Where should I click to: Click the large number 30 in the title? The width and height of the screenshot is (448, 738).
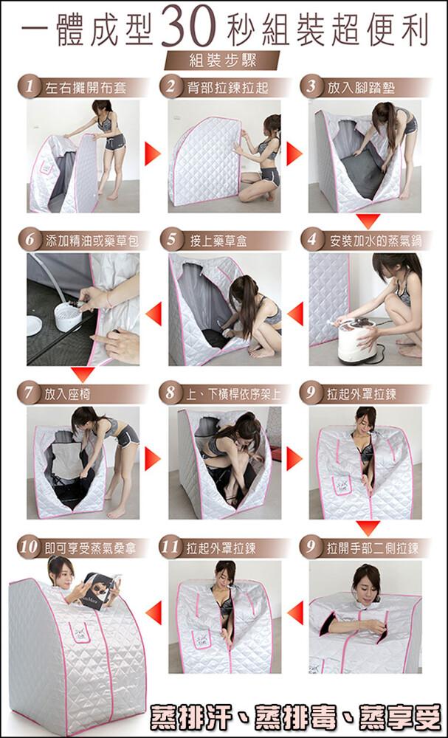coord(188,27)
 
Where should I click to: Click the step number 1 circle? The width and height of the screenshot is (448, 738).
coord(30,87)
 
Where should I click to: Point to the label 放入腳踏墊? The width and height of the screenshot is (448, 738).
coord(354,88)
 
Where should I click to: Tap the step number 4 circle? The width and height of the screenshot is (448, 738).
coord(311,241)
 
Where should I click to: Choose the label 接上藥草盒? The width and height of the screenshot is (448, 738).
coord(218,241)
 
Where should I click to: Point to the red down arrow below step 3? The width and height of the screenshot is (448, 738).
coord(368,221)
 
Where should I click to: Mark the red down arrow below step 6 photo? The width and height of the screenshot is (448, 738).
coord(83,374)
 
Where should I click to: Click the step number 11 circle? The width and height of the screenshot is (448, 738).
coord(170,548)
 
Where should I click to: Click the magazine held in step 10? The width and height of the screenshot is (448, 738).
coord(100,590)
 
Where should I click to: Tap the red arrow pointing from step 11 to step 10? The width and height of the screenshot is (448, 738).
coord(154,613)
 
